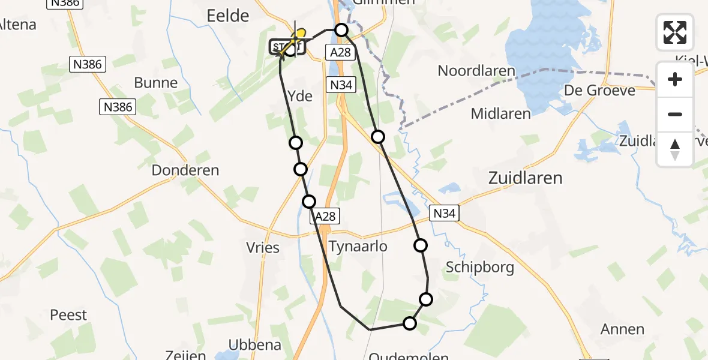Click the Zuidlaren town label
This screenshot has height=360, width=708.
pyautogui.click(x=526, y=178)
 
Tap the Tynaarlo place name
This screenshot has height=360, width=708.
pyautogui.click(x=358, y=246)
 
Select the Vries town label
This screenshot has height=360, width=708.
pyautogui.click(x=263, y=247)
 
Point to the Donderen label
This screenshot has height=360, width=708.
pyautogui.click(x=185, y=170)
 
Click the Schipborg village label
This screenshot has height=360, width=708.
pyautogui.click(x=480, y=267)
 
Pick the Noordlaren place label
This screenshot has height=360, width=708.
pyautogui.click(x=476, y=71)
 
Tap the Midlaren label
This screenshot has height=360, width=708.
pyautogui.click(x=501, y=113)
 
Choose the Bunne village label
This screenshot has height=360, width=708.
pyautogui.click(x=156, y=83)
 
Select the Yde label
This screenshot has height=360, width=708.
pyautogui.click(x=300, y=95)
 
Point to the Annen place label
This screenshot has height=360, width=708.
pyautogui.click(x=622, y=329)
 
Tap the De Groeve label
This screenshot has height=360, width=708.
pyautogui.click(x=599, y=91)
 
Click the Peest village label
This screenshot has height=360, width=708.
pyautogui.click(x=68, y=315)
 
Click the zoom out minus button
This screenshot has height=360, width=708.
pyautogui.click(x=675, y=114)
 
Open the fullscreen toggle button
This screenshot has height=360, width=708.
pyautogui.click(x=675, y=32)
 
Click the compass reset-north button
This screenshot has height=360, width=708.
pyautogui.click(x=675, y=149)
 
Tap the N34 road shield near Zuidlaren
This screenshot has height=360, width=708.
pyautogui.click(x=445, y=213)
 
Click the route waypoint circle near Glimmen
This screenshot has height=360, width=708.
pyautogui.click(x=341, y=29)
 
